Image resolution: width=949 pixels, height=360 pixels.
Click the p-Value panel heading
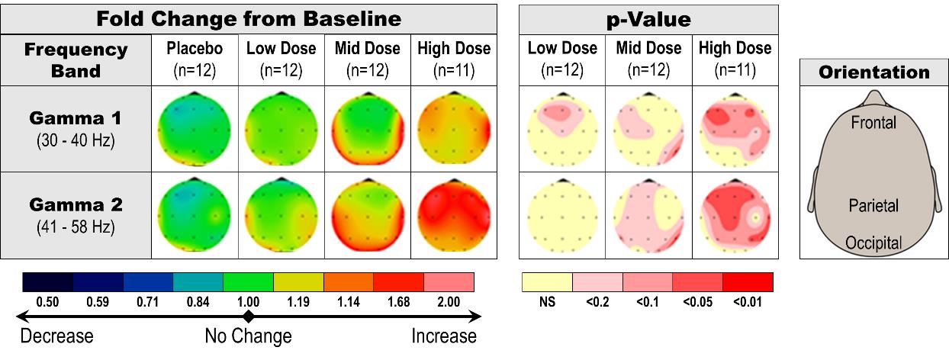point(648,19)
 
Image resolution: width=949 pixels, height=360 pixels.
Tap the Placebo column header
point(195,59)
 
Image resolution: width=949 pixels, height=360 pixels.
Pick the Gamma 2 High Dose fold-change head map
point(454,214)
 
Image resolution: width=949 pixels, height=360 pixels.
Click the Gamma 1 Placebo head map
point(195,128)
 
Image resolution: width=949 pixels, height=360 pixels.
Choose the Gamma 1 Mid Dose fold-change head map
point(367,128)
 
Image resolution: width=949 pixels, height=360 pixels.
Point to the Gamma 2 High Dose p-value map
point(735,214)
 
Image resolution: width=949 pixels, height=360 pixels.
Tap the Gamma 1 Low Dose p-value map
point(562,128)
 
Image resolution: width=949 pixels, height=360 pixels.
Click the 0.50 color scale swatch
point(47,282)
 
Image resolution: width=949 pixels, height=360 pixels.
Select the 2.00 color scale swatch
point(449,282)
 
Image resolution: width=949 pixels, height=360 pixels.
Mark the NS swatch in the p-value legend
point(547,282)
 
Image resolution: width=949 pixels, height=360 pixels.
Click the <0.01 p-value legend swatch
point(748,282)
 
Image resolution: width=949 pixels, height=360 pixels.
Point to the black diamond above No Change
point(248,316)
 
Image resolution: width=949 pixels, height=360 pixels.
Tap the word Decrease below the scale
point(56,336)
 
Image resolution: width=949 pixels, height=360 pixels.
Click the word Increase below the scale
point(444,336)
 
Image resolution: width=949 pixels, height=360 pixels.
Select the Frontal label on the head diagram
point(873,122)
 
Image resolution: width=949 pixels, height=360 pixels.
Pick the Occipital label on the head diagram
point(873,243)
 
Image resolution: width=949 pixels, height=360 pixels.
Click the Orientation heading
point(873,73)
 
